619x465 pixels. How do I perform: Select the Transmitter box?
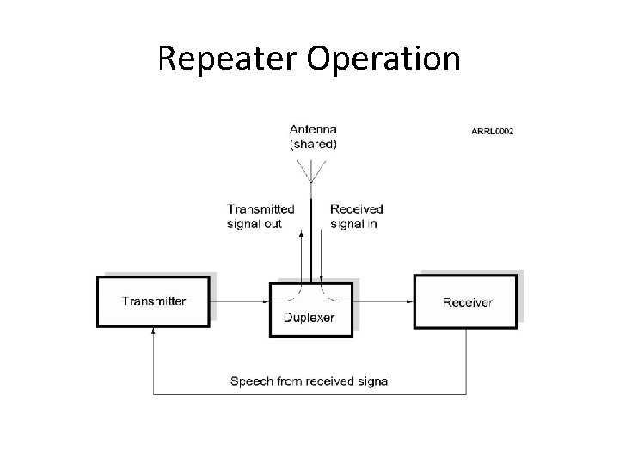(x=153, y=301)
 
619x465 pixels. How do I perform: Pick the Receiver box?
(x=467, y=301)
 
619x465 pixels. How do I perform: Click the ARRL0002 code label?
(x=491, y=132)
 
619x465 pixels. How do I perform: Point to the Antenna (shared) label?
(x=313, y=138)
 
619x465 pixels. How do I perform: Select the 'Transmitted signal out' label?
(x=260, y=216)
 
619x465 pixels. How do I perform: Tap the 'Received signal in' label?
(x=357, y=216)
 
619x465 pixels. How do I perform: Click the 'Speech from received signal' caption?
(x=310, y=381)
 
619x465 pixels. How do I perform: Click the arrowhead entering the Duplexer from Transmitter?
(x=267, y=301)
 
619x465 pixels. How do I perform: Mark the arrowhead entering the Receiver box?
(x=411, y=301)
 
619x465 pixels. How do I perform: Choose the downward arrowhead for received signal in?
(x=321, y=277)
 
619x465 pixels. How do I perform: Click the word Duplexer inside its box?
(x=309, y=318)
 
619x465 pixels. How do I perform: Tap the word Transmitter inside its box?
(x=154, y=301)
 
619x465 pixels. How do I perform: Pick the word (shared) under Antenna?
(x=313, y=145)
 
